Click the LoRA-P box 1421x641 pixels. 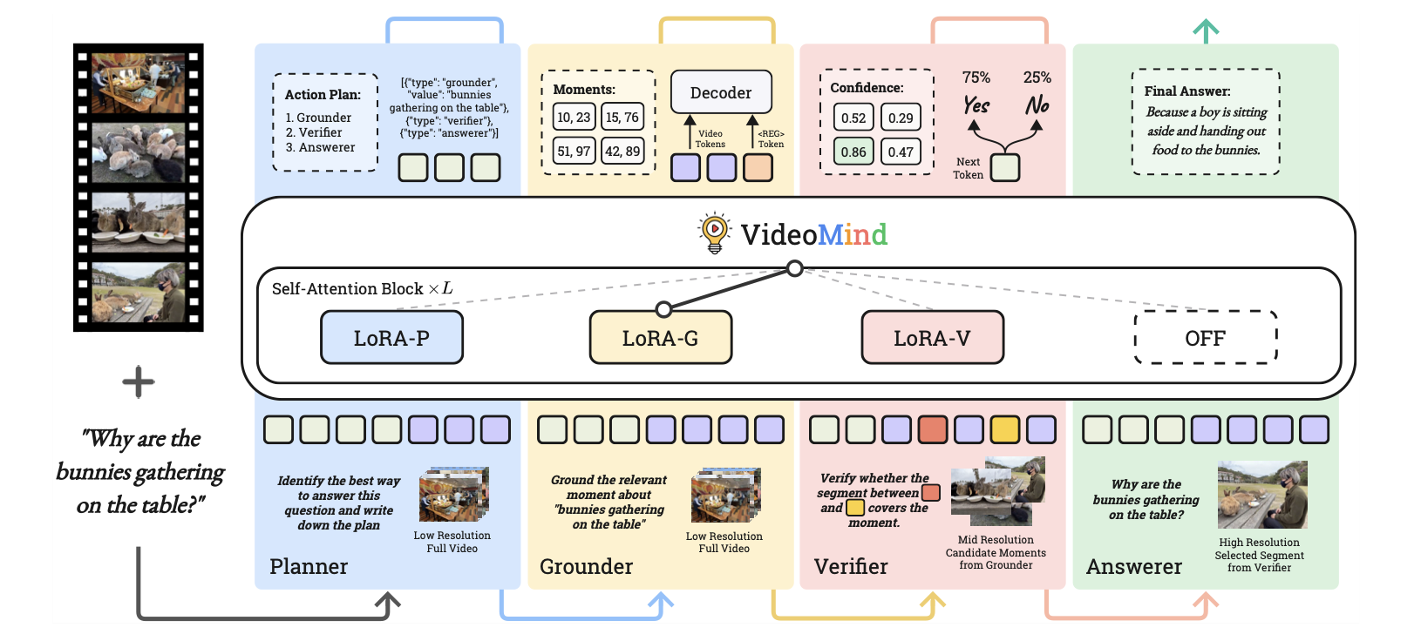click(x=391, y=338)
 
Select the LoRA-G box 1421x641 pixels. click(x=661, y=338)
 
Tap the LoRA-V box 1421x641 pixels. click(x=932, y=338)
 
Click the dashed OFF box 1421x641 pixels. click(x=1205, y=338)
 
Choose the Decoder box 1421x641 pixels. click(x=721, y=92)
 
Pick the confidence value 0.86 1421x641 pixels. click(x=853, y=152)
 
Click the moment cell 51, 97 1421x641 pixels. click(x=574, y=151)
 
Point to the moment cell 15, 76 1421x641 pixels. click(x=622, y=117)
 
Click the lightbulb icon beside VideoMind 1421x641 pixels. click(x=715, y=233)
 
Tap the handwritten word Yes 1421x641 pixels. click(x=976, y=105)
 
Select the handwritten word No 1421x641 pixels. click(x=1037, y=105)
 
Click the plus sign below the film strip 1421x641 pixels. click(x=139, y=382)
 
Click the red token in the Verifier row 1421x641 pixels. click(x=933, y=429)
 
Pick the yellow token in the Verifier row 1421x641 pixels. click(x=1005, y=429)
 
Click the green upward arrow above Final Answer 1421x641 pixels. click(x=1206, y=31)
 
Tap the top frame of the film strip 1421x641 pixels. click(x=139, y=83)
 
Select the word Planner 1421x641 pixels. click(x=309, y=566)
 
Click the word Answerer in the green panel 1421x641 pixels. click(x=1133, y=566)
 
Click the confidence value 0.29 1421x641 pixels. click(x=901, y=118)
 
